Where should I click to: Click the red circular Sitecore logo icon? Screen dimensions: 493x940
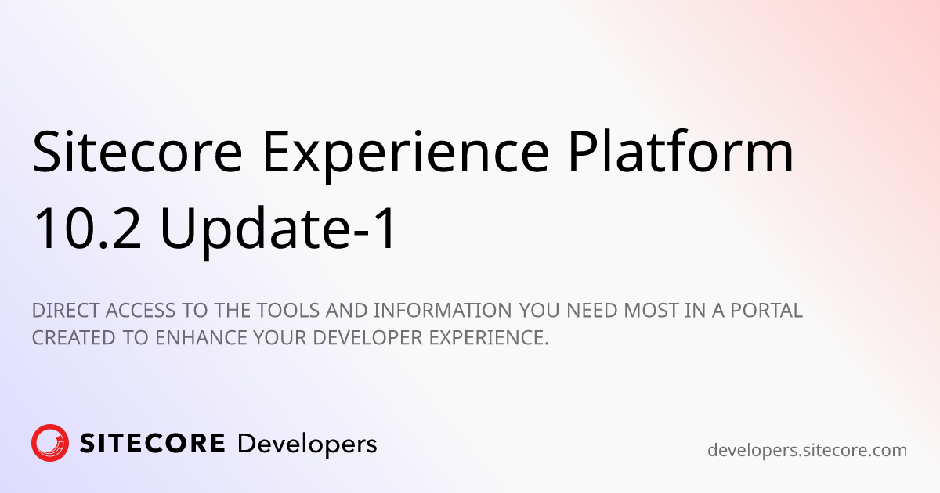[50, 444]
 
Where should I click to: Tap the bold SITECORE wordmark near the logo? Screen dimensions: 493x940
[153, 444]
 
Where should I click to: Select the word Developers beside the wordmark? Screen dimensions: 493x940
[307, 444]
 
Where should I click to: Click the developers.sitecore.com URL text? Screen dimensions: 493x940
[807, 450]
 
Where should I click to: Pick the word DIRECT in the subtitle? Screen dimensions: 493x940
[62, 311]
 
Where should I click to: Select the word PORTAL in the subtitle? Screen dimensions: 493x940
[767, 311]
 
